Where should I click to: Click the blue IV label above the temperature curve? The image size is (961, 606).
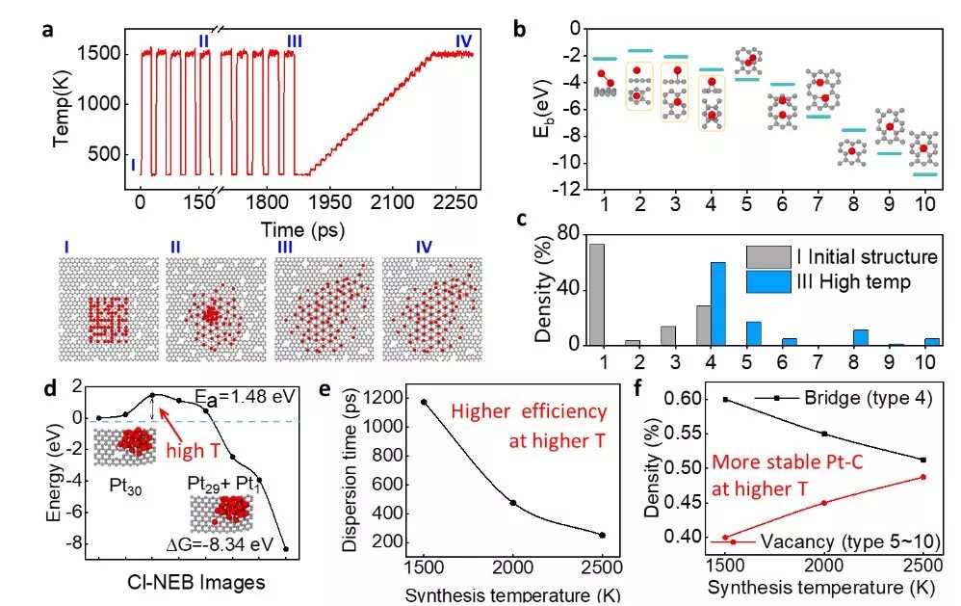click(463, 40)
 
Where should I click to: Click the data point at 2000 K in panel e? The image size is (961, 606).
click(513, 503)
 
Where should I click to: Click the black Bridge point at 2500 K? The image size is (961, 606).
click(922, 460)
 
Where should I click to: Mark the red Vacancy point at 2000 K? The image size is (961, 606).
click(822, 503)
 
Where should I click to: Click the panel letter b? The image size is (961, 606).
click(519, 30)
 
